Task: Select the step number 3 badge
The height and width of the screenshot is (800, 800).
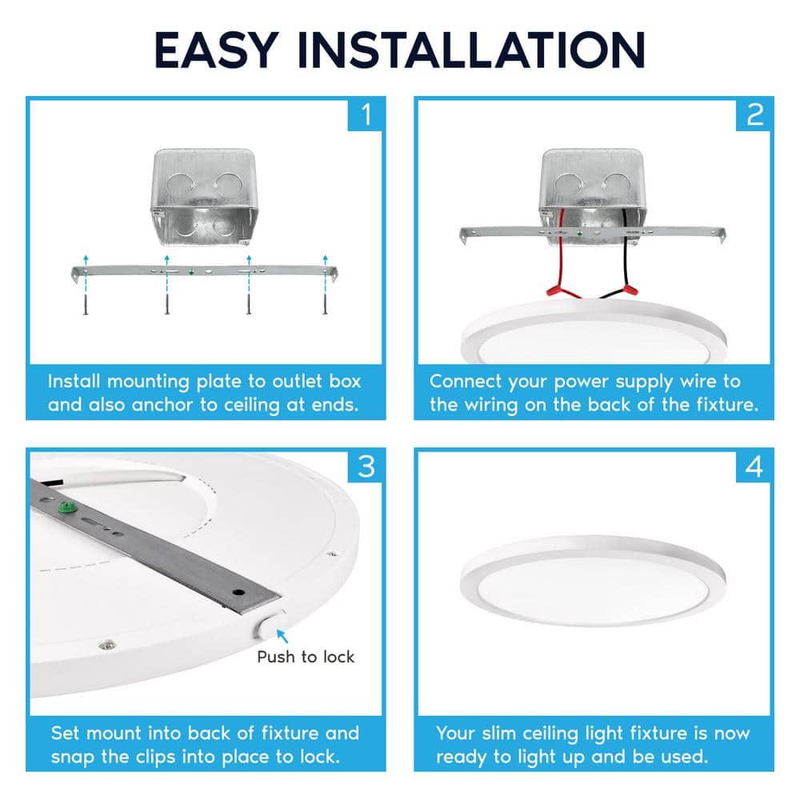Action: coord(366,466)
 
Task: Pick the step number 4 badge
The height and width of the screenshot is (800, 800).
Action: coord(754,466)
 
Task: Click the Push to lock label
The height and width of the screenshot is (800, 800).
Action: coord(305,657)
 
